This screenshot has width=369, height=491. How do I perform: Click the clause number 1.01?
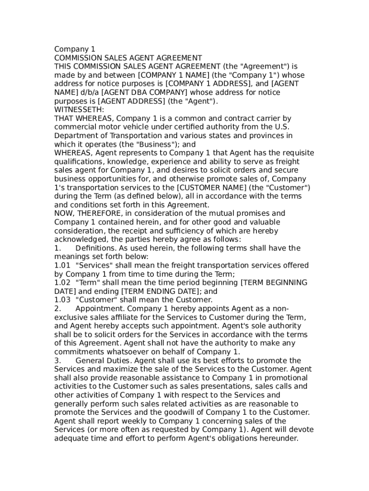click(62, 265)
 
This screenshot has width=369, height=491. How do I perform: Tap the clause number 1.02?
click(62, 282)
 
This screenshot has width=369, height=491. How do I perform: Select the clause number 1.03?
click(62, 300)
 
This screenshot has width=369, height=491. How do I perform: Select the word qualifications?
click(78, 161)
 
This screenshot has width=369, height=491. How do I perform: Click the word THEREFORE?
click(96, 213)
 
